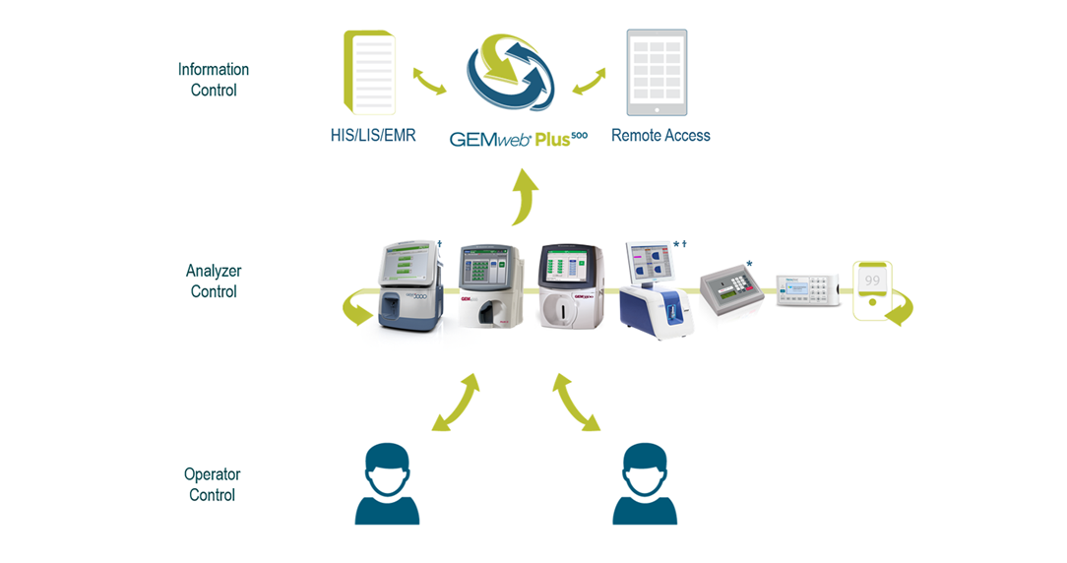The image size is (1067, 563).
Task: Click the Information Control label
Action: coord(213,80)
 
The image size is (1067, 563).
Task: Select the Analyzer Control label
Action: coord(213,281)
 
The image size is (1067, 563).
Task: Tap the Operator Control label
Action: coord(212,484)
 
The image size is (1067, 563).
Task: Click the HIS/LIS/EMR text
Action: coord(373,136)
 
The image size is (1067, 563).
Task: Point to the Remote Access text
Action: coord(660,136)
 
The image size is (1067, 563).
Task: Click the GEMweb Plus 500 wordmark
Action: coord(518,138)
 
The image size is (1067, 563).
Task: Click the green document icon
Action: coord(369,72)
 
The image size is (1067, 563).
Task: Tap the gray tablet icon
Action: coord(657,72)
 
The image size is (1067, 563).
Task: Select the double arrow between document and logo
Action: coord(429,82)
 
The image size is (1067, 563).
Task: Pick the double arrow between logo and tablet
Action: coord(590,82)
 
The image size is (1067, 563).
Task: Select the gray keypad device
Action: coord(730,291)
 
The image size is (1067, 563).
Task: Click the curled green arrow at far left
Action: coord(355,311)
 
